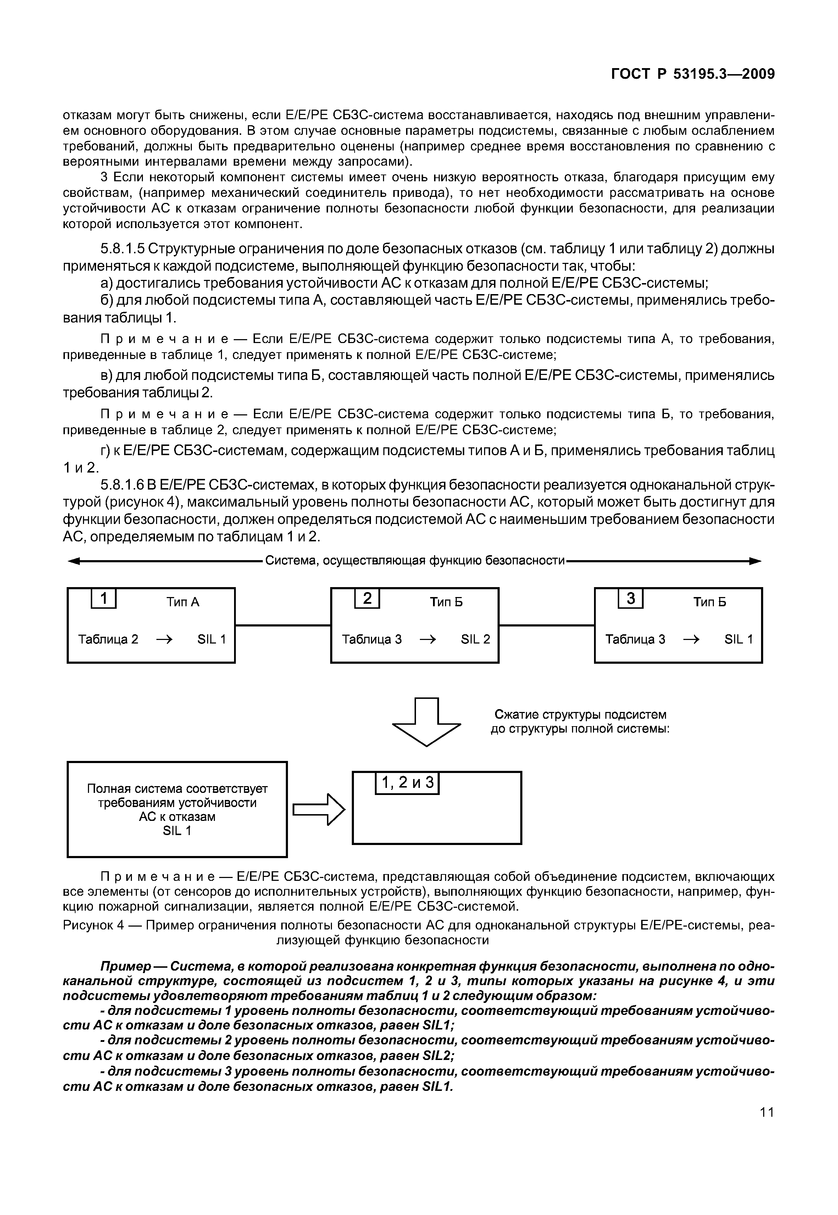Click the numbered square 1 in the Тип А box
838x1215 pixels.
coord(104,598)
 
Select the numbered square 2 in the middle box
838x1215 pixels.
coord(367,598)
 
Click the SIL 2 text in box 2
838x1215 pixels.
coord(475,639)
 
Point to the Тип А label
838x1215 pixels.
coord(183,602)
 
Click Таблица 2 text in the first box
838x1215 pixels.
coord(108,639)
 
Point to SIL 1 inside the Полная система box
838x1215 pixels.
coord(177,831)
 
